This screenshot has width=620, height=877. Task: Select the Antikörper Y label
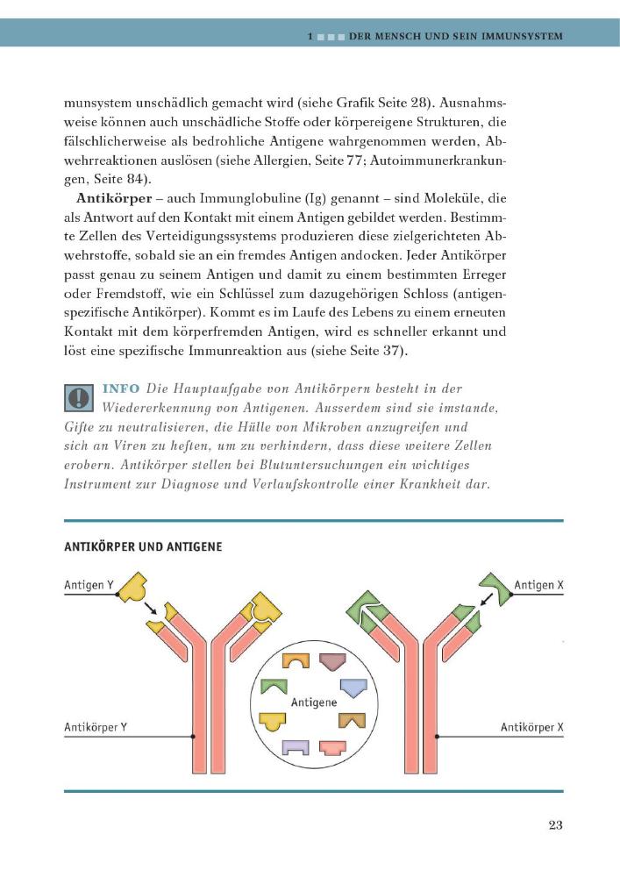coord(96,727)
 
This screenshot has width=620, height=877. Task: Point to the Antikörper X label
coord(532,727)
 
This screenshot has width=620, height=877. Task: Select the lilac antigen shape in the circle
coord(296,747)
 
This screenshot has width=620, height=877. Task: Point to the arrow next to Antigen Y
coord(153,608)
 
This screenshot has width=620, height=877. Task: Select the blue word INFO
coord(121,389)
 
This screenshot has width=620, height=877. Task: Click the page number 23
coord(554,824)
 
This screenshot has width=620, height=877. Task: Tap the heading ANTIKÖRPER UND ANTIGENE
coord(143,546)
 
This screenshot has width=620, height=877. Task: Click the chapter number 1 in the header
coord(311,36)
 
